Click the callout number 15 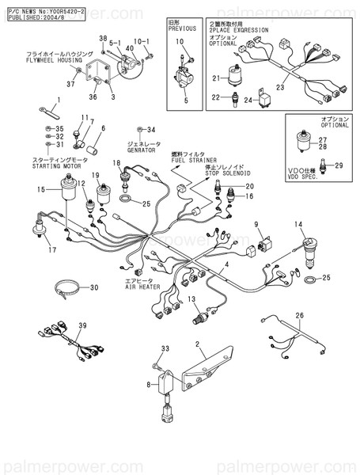click(41, 190)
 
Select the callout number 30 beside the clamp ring click(93, 287)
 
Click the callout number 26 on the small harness click(299, 315)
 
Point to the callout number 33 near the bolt click(165, 349)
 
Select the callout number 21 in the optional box click(214, 78)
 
